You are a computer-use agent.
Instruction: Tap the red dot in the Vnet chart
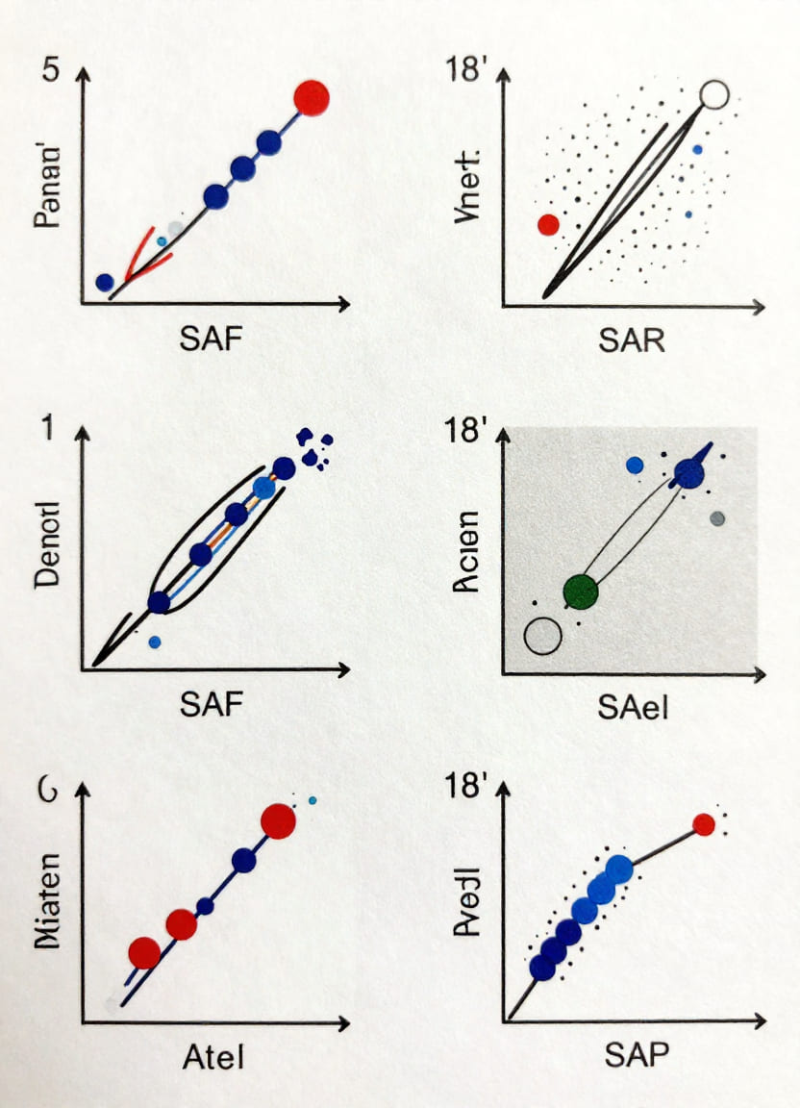pos(548,225)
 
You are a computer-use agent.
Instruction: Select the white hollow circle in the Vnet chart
pos(715,94)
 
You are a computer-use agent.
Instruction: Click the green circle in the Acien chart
pos(580,591)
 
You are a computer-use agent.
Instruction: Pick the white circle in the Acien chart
pos(543,636)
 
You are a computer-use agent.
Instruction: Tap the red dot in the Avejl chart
pos(704,824)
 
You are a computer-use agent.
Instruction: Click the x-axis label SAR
pos(632,340)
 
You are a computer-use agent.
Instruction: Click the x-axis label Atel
pos(213,1057)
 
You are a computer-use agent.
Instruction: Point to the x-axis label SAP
pos(636,1055)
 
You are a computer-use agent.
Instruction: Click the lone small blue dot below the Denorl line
pos(155,642)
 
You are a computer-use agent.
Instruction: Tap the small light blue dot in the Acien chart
pos(635,466)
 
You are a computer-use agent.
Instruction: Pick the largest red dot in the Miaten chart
pos(278,820)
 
